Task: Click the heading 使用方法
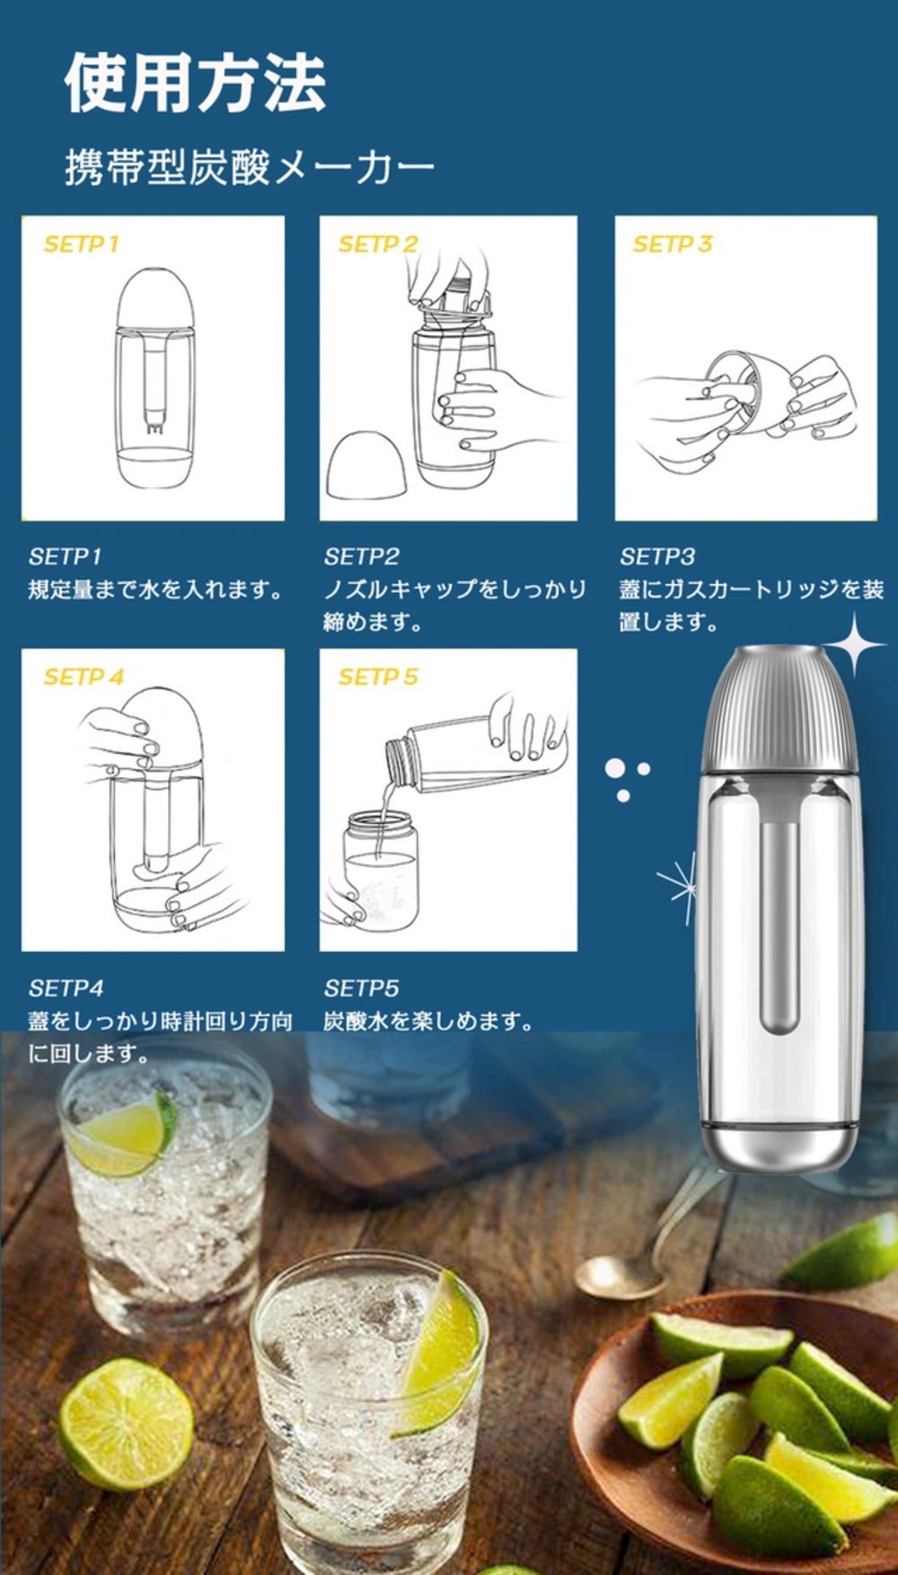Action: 195,83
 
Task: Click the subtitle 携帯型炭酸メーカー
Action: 250,168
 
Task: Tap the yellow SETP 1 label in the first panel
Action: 81,243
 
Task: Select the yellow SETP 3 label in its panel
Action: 673,243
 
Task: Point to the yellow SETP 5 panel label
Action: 378,677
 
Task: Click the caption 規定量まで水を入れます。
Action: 156,589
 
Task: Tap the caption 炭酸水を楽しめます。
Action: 429,1022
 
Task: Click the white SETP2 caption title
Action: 361,556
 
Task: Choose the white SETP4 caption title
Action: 66,988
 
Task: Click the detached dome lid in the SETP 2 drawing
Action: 367,465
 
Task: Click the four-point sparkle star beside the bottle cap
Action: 856,644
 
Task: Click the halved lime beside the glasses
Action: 126,1424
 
